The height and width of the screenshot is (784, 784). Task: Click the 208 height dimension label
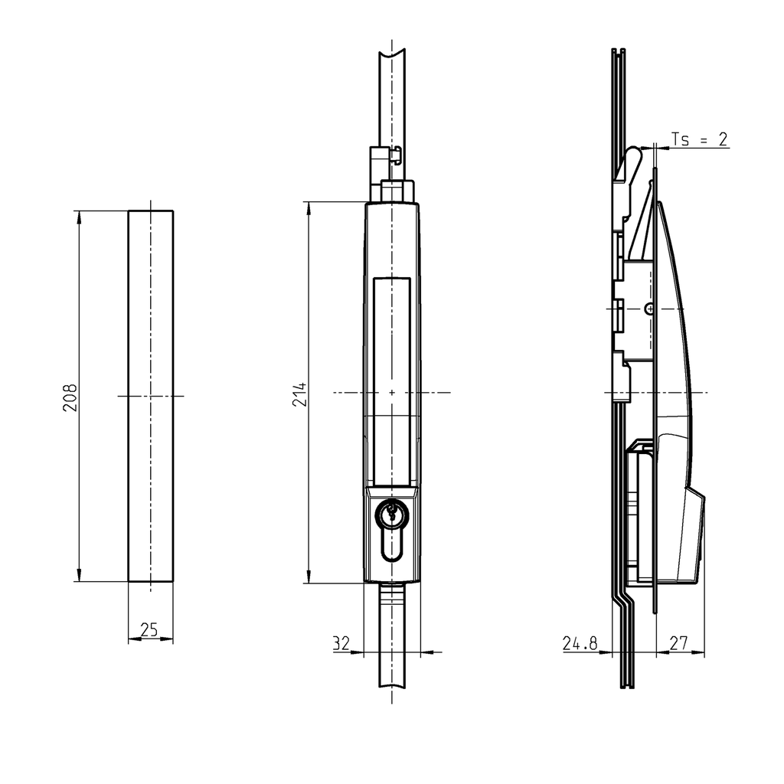(70, 397)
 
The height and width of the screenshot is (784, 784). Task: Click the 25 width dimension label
(149, 630)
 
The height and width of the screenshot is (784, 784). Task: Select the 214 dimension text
(299, 394)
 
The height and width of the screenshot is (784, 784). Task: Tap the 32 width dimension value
(341, 644)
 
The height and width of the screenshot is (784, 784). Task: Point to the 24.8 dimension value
(580, 644)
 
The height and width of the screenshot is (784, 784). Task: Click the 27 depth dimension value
(678, 644)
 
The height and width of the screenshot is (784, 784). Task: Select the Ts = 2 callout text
(699, 139)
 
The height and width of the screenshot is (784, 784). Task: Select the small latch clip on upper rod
(396, 155)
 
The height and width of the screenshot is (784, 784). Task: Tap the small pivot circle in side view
(649, 309)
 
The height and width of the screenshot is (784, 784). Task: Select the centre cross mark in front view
(391, 392)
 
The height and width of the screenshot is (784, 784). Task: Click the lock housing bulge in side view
(693, 536)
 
